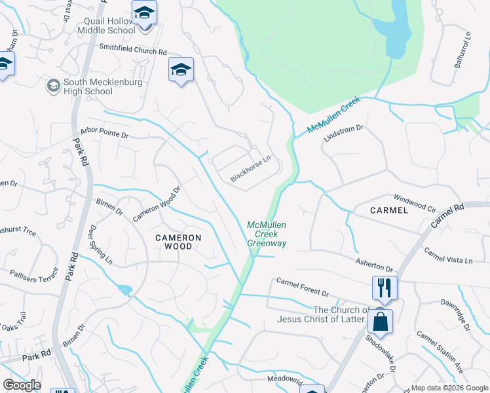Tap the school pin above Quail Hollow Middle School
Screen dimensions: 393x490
(x=144, y=13)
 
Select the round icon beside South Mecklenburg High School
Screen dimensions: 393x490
(x=53, y=85)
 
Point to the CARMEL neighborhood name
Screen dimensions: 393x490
(x=389, y=210)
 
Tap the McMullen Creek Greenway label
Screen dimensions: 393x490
(x=267, y=234)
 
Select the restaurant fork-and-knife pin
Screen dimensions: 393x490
(x=385, y=287)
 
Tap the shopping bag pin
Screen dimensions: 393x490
(x=380, y=322)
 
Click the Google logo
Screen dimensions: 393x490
(x=22, y=385)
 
